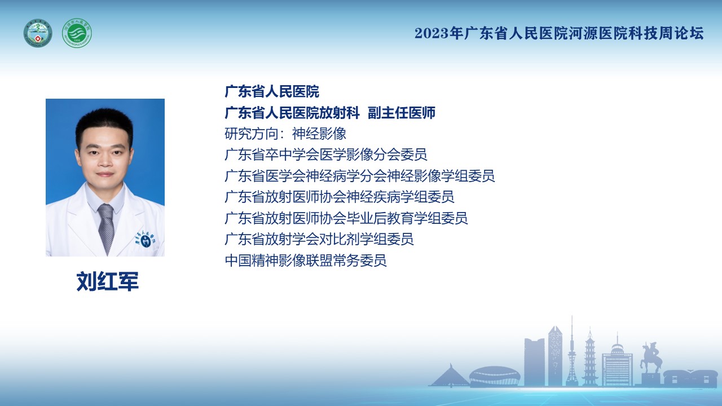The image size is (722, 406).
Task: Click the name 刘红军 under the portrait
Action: (x=107, y=281)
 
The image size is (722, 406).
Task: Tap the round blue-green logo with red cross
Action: (x=38, y=33)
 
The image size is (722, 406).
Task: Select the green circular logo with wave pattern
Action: (x=77, y=33)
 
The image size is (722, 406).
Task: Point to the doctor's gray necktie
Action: (x=106, y=227)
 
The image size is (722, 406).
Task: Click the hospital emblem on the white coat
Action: (x=145, y=240)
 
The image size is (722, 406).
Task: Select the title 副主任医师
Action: (x=401, y=113)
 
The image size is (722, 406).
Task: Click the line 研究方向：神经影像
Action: (x=285, y=134)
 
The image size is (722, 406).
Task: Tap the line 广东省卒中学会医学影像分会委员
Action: (x=325, y=155)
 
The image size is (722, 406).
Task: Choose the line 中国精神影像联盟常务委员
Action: (x=306, y=261)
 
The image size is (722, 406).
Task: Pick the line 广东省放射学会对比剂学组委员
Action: (x=319, y=239)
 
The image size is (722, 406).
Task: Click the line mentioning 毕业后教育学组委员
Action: (x=346, y=218)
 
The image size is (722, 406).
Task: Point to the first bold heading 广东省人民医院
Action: (x=272, y=91)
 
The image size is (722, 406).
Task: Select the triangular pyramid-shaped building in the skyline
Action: (x=450, y=376)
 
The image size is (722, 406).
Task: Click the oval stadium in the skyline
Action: (x=495, y=376)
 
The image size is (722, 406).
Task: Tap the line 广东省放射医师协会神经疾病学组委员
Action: (x=339, y=197)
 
